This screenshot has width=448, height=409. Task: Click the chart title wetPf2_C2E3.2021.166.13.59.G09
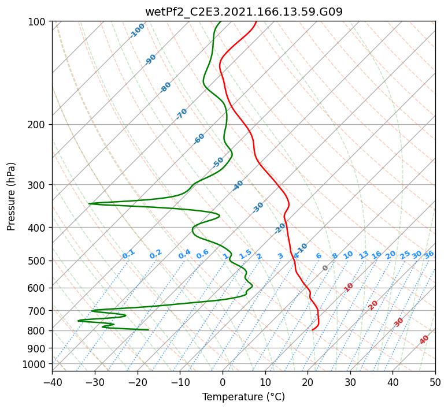tap(244, 12)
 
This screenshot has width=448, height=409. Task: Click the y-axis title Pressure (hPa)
tap(11, 196)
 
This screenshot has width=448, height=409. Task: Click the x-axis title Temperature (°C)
tap(244, 397)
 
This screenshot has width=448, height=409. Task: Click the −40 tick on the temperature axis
tap(52, 382)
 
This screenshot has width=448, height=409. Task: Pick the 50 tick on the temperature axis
tap(435, 382)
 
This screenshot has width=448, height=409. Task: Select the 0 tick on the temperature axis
tap(223, 382)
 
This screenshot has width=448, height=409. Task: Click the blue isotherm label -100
tap(137, 31)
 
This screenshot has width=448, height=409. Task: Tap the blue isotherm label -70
tap(182, 114)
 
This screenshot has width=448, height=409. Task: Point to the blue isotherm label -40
tap(238, 185)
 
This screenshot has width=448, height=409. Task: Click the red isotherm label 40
tap(424, 340)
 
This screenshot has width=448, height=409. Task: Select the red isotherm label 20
tap(373, 306)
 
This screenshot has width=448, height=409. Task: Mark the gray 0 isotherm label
tap(325, 268)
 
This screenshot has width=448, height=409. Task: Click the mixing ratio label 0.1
tap(128, 254)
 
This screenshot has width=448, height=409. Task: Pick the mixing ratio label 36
tap(429, 255)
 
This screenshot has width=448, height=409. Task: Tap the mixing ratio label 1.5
tap(245, 254)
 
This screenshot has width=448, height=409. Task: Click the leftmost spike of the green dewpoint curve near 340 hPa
tap(89, 204)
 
